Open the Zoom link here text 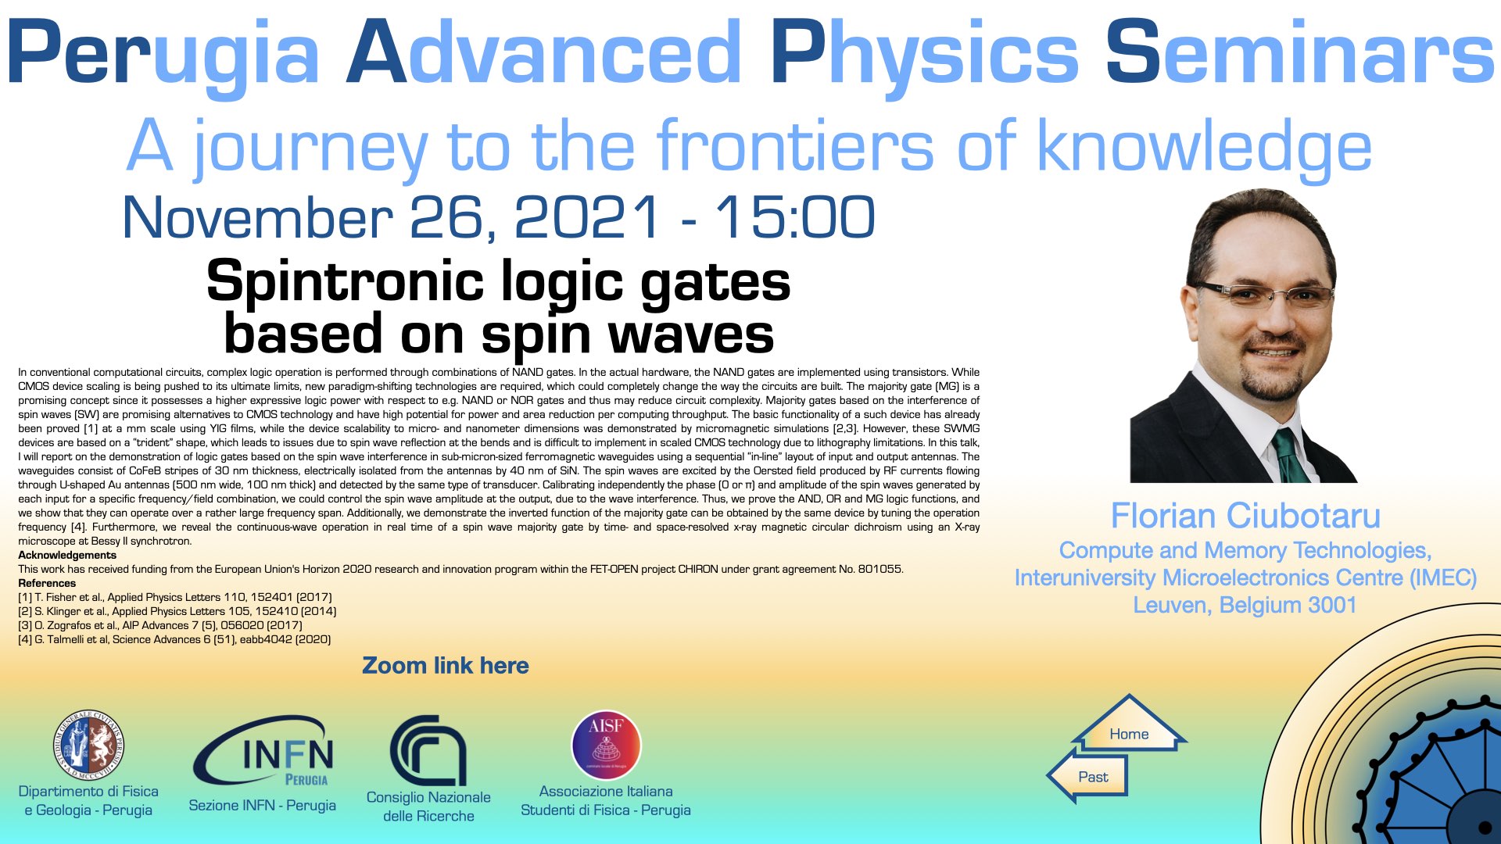[x=446, y=666]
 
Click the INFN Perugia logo [x=264, y=750]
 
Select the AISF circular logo [x=606, y=745]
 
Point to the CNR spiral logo [x=428, y=749]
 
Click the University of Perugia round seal [x=88, y=745]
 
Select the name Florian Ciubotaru [x=1245, y=516]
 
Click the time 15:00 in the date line [x=795, y=217]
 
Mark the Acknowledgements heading [x=67, y=555]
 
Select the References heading [x=47, y=583]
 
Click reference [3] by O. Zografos [x=160, y=625]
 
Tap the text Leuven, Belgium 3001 [x=1245, y=605]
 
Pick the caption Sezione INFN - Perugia [x=262, y=805]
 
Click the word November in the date [x=258, y=217]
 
